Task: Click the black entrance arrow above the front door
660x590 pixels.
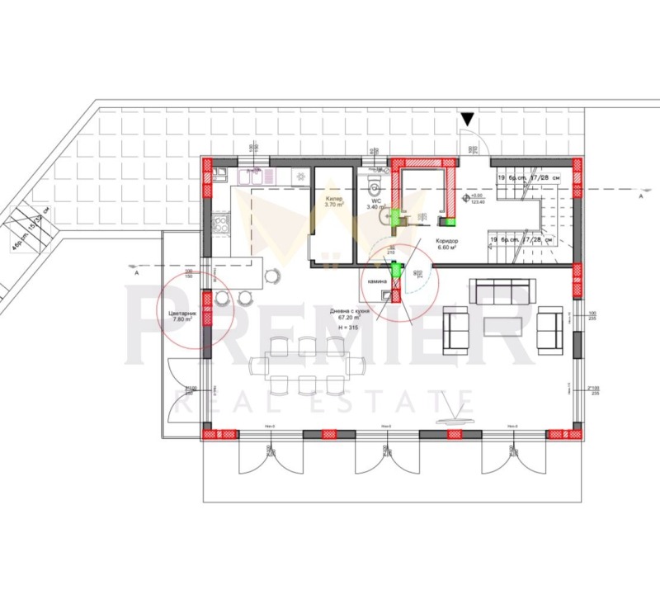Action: pos(468,120)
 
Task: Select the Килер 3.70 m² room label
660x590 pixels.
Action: pos(334,203)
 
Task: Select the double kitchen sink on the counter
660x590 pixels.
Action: pos(252,175)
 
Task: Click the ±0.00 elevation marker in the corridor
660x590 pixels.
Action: pos(476,198)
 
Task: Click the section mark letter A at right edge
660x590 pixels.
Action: pos(640,197)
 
